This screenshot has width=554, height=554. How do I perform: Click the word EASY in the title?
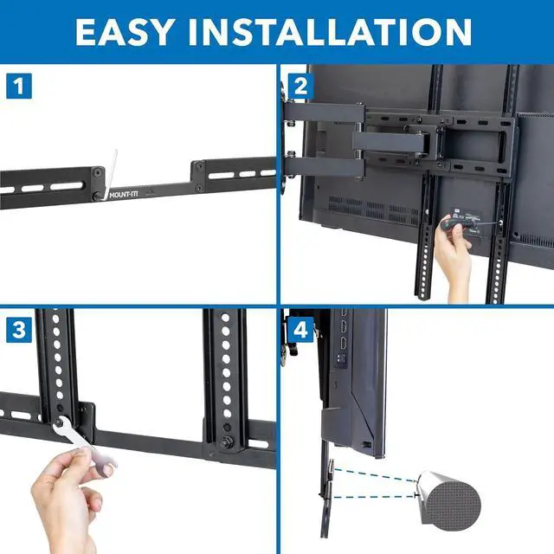point(130,31)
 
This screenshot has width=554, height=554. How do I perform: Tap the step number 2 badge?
point(300,87)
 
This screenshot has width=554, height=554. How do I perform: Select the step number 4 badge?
point(300,330)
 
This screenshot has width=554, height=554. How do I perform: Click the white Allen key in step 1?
point(108,173)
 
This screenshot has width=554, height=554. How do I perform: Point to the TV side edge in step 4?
point(381,381)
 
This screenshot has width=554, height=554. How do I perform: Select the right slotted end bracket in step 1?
point(234,173)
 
